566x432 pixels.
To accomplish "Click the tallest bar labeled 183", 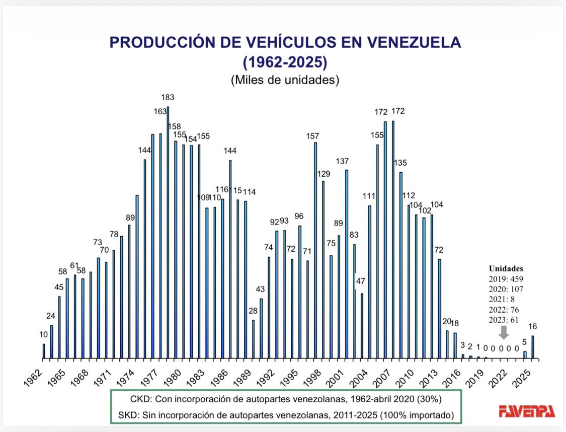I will [x=168, y=232].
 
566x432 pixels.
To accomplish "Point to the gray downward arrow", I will [x=504, y=332].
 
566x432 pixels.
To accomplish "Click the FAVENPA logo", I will [x=527, y=411].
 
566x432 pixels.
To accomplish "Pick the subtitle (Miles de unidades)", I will [x=285, y=80].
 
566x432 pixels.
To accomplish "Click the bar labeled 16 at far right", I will [x=533, y=346].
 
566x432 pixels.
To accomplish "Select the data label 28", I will [x=253, y=311].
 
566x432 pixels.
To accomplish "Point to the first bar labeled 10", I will [x=44, y=350].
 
